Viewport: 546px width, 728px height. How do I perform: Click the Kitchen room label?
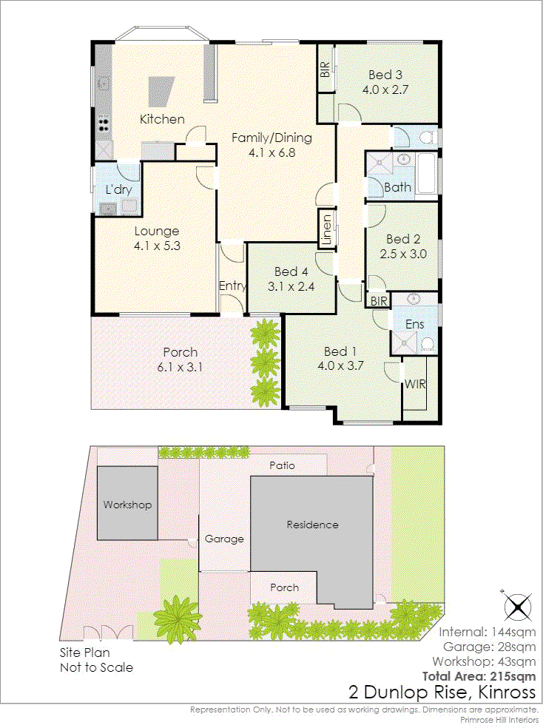[163, 119]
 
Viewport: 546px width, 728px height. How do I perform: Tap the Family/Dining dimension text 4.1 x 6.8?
[272, 152]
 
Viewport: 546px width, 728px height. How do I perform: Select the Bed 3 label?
[385, 75]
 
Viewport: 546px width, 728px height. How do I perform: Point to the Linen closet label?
[327, 229]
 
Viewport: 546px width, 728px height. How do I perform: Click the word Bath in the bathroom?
[398, 187]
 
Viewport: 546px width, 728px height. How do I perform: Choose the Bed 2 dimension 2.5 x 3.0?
[403, 254]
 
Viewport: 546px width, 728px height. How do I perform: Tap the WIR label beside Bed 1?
[415, 384]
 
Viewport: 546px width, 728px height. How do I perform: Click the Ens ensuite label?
[414, 324]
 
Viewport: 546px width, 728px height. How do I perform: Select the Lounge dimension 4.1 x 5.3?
[158, 246]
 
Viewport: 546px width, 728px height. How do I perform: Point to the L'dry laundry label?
[119, 189]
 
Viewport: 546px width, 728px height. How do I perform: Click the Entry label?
[232, 286]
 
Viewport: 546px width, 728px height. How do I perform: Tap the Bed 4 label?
[291, 272]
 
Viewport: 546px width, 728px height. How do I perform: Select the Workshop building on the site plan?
[127, 503]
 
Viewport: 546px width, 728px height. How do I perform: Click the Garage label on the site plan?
[224, 539]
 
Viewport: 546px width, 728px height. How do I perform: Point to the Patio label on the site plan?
[283, 465]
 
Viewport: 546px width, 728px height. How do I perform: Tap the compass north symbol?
[518, 606]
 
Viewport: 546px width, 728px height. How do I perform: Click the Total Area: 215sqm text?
[479, 676]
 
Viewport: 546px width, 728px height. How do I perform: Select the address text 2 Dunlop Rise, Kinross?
[442, 692]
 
